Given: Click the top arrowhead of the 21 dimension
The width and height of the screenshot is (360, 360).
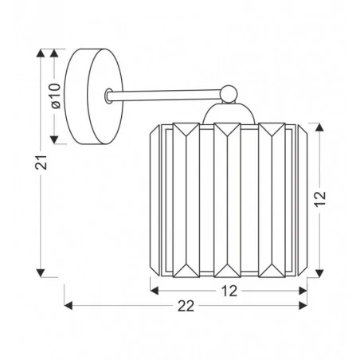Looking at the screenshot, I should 41,54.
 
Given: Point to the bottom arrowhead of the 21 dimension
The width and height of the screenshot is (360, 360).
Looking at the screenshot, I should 41,271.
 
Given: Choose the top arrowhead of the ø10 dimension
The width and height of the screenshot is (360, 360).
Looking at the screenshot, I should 55,54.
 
